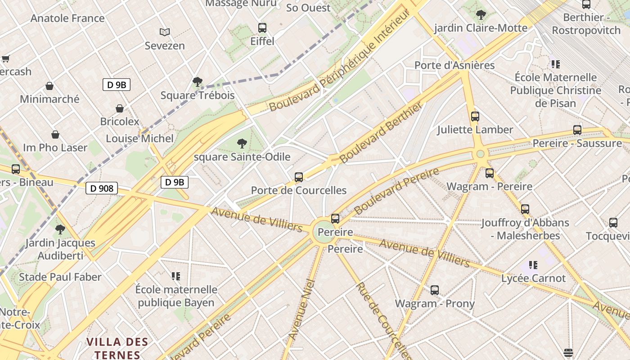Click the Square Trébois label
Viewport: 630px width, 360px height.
click(x=198, y=95)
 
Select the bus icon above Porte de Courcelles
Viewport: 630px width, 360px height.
click(x=299, y=177)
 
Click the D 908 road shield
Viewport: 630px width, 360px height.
click(x=102, y=189)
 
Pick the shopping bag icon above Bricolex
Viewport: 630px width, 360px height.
click(x=120, y=108)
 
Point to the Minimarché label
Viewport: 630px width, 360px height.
click(x=49, y=99)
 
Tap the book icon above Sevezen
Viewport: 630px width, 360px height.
click(x=165, y=32)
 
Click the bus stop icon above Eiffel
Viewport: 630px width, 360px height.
click(x=262, y=28)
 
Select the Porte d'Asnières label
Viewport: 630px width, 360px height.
click(x=454, y=65)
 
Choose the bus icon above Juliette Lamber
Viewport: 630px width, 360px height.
click(x=475, y=117)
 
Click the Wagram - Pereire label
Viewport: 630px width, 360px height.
click(x=489, y=186)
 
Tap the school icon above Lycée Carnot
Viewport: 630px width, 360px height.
click(x=533, y=265)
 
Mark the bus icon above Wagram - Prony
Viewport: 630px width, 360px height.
click(x=435, y=290)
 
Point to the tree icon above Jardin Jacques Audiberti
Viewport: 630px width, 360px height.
click(x=60, y=230)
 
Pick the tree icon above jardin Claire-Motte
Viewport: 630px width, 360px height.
click(x=481, y=15)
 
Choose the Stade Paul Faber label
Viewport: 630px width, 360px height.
click(x=60, y=277)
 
